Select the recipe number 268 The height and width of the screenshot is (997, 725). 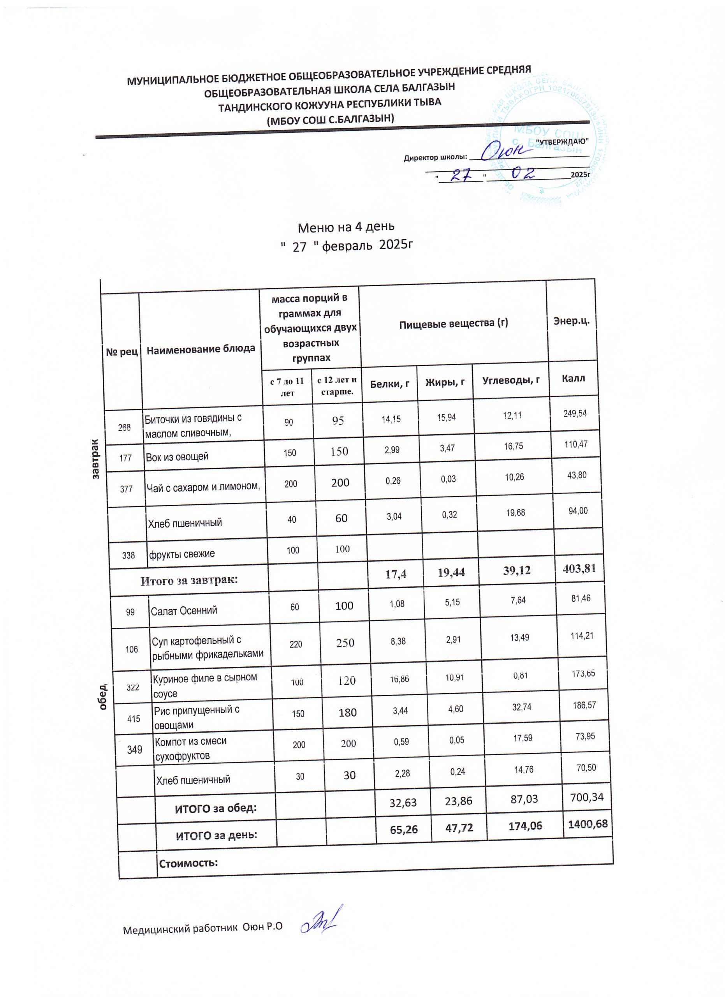coord(124,427)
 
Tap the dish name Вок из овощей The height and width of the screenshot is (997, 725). coord(177,457)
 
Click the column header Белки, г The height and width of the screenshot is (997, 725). coord(390,384)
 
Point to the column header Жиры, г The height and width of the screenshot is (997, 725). coord(445,382)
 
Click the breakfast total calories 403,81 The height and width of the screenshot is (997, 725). coord(579,568)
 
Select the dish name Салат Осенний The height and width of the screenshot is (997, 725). coord(184,610)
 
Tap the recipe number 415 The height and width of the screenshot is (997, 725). coord(134,719)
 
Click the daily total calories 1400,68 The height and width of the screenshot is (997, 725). coord(588,823)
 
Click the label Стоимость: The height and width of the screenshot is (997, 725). coord(188,863)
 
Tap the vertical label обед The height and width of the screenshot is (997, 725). coord(103,697)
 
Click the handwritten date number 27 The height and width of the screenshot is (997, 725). coord(461,175)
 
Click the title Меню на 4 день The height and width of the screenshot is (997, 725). coord(346,227)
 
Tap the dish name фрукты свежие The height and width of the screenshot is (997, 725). coord(181,554)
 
